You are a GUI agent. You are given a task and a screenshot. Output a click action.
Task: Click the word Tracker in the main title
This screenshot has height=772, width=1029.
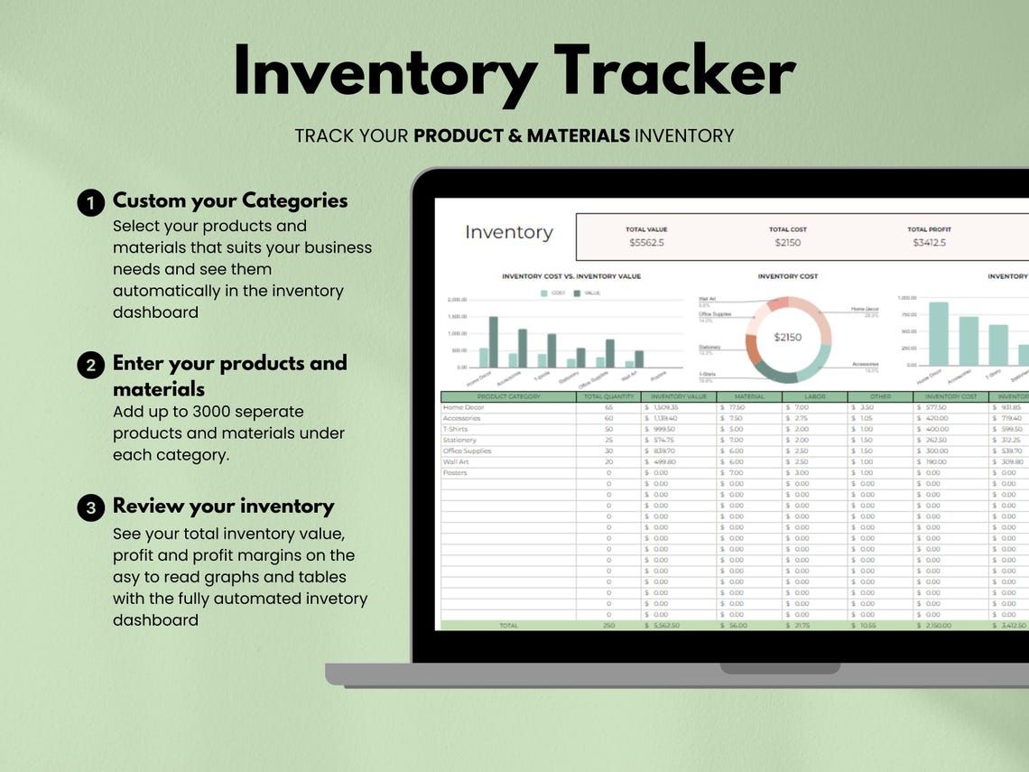(674, 72)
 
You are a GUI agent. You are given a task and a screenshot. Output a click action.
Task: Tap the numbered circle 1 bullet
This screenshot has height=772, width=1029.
(90, 203)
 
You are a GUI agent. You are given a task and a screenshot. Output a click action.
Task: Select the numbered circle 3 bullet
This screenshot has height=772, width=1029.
(90, 508)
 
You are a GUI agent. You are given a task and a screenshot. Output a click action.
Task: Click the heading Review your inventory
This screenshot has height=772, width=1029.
(223, 506)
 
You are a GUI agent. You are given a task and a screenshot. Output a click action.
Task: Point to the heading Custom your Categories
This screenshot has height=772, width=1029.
(230, 200)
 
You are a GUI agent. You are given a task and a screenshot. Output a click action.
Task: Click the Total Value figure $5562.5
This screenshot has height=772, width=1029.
(646, 243)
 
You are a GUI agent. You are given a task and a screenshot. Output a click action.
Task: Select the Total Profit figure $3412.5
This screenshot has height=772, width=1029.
(929, 243)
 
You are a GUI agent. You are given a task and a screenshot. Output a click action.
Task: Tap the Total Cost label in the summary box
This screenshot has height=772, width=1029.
(787, 229)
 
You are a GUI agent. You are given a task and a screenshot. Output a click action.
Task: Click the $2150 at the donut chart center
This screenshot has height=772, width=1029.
(787, 337)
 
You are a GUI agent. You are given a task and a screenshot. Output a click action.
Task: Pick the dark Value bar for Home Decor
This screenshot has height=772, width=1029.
(494, 341)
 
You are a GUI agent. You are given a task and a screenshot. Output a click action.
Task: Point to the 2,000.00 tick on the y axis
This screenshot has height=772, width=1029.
(458, 299)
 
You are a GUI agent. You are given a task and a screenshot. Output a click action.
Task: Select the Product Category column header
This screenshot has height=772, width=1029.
(508, 396)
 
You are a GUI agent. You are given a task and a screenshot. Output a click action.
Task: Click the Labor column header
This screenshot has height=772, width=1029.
(814, 396)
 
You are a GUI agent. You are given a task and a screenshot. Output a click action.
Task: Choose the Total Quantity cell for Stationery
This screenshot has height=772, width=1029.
(608, 440)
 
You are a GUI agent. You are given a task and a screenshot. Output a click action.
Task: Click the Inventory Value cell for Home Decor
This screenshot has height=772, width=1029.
(669, 407)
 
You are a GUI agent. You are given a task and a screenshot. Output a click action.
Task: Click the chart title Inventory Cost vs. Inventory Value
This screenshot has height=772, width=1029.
(570, 276)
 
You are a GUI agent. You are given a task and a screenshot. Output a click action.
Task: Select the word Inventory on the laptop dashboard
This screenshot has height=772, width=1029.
(508, 232)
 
